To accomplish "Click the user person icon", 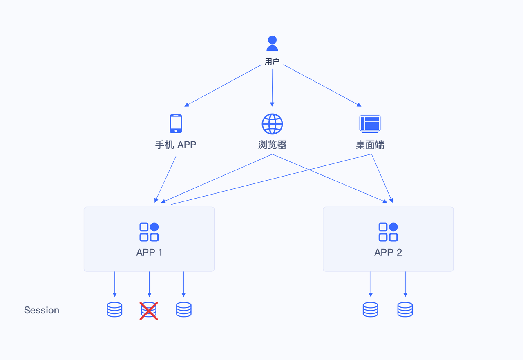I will point(272,43).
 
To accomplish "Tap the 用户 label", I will point(272,62).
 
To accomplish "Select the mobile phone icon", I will point(176,123).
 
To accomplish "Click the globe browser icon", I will point(272,124).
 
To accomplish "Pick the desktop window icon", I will point(370,124).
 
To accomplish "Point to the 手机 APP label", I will point(176,145).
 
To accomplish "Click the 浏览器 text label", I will point(272,145).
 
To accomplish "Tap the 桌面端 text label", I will point(370,145).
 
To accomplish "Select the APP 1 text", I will point(149,253).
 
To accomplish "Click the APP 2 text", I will point(388,253).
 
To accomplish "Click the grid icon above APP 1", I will point(149,232).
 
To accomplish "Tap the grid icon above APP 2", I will point(388,232).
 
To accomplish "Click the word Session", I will point(42,310).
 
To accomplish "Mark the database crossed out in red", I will point(149,311).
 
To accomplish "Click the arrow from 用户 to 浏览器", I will point(272,86).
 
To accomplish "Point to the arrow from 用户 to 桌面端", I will point(322,85).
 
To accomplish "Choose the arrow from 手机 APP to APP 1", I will point(166,179).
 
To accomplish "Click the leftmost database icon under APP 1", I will point(114,310).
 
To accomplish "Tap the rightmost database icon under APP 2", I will point(405,310).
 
